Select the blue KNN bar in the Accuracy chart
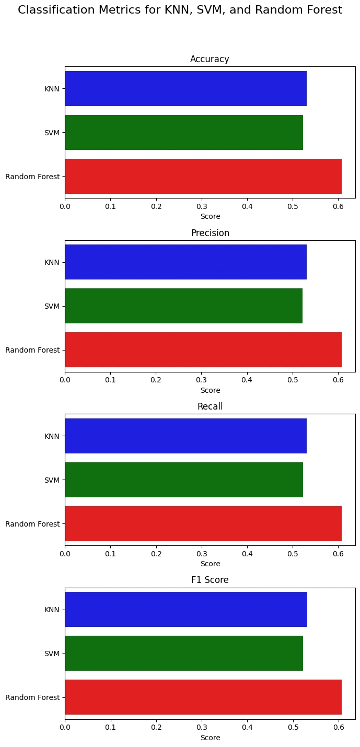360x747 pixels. pyautogui.click(x=185, y=88)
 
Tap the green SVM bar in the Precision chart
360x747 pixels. pyautogui.click(x=183, y=306)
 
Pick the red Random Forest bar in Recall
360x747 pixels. pyautogui.click(x=203, y=523)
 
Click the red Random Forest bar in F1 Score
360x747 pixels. pyautogui.click(x=203, y=697)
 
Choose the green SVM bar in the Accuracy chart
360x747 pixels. pyautogui.click(x=184, y=132)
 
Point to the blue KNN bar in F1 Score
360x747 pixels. pyautogui.click(x=186, y=609)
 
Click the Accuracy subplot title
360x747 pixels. pyautogui.click(x=210, y=59)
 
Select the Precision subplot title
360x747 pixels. pyautogui.click(x=210, y=233)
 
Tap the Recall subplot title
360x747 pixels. pyautogui.click(x=210, y=406)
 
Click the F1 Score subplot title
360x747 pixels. pyautogui.click(x=210, y=580)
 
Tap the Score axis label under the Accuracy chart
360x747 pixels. pyautogui.click(x=210, y=216)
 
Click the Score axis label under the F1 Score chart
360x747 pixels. pyautogui.click(x=210, y=738)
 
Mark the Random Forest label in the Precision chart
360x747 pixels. pyautogui.click(x=32, y=349)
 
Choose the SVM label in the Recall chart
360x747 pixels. pyautogui.click(x=52, y=480)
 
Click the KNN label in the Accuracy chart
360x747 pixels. pyautogui.click(x=52, y=88)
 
